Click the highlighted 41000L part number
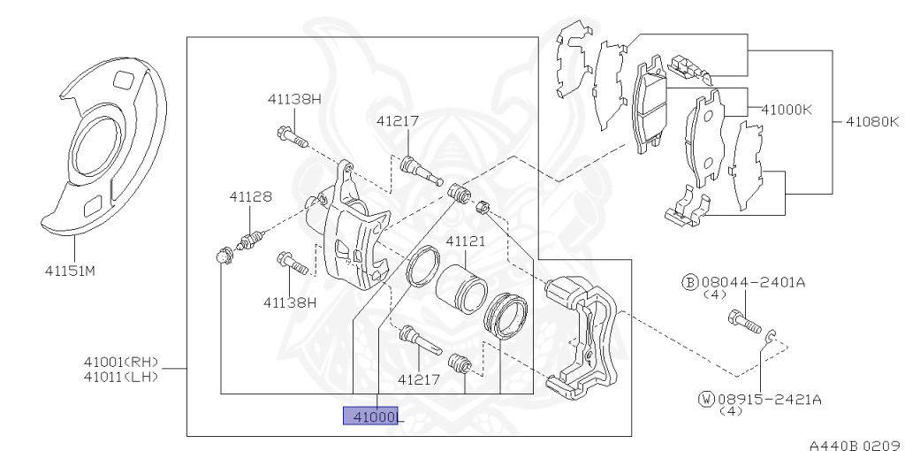[372, 417]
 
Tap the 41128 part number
[250, 196]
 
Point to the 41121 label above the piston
[465, 241]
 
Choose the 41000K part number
[786, 111]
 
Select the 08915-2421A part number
[769, 400]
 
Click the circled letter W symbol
[705, 400]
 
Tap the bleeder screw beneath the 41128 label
[252, 240]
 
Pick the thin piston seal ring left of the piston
[422, 268]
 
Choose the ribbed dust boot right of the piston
[506, 314]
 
